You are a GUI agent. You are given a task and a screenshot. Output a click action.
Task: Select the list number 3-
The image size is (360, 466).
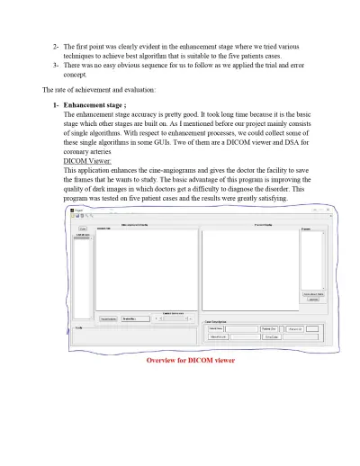[x=56, y=65]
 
